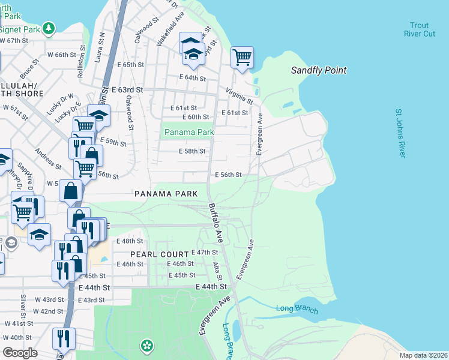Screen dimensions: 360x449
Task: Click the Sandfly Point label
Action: [x=319, y=70]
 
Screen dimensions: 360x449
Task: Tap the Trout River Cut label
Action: [x=420, y=29]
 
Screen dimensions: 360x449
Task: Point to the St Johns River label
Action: [x=400, y=133]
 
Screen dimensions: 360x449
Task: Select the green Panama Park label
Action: [x=189, y=132]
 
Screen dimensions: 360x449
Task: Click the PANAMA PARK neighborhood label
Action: [x=166, y=194]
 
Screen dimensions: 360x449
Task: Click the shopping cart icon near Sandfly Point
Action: [x=242, y=58]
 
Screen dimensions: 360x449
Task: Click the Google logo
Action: [x=20, y=353]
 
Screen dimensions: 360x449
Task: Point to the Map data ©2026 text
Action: [x=423, y=355]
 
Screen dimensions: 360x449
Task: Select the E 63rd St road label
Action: [x=128, y=89]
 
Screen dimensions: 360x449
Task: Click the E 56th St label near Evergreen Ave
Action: [x=228, y=175]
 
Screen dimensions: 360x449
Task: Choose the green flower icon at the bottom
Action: [x=146, y=345]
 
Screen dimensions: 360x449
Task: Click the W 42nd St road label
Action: [x=49, y=311]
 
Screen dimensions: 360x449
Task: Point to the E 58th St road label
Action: [x=192, y=151]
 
